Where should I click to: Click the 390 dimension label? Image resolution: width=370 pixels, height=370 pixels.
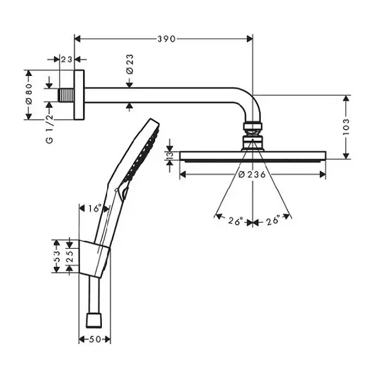[167, 39]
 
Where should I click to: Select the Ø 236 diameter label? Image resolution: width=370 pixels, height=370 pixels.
[253, 175]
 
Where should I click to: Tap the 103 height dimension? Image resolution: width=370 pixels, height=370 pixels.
[346, 127]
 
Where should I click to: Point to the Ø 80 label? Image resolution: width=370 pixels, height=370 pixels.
[29, 94]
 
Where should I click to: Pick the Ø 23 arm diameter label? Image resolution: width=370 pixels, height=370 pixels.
[130, 64]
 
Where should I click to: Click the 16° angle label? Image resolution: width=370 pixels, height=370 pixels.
[95, 208]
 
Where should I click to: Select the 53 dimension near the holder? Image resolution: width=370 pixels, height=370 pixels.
[56, 256]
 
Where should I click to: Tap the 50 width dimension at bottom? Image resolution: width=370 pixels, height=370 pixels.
[95, 339]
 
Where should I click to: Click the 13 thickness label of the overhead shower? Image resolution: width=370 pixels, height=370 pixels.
[170, 155]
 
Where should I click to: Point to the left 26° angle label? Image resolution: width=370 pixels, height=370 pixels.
[236, 221]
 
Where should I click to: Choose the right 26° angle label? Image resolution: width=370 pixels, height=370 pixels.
[273, 221]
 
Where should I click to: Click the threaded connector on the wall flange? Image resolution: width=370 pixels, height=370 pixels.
[67, 95]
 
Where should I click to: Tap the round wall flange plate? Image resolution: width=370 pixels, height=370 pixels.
[79, 95]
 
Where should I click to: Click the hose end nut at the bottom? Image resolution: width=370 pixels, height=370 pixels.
[94, 321]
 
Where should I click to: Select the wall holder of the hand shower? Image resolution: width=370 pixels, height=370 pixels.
[93, 258]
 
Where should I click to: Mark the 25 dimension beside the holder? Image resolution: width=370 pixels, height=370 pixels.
[71, 256]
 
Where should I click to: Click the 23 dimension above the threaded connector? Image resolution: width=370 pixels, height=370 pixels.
[67, 59]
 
